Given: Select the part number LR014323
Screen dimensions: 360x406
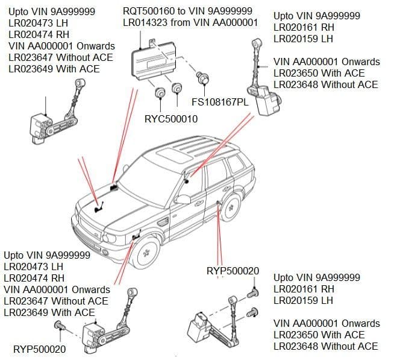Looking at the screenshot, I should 146,23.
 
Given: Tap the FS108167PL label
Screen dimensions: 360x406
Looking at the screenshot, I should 220,103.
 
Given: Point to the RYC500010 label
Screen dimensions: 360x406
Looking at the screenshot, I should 170,119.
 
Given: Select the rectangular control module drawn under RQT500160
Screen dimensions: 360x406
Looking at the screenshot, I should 155,60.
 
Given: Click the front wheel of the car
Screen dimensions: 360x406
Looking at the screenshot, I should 146,253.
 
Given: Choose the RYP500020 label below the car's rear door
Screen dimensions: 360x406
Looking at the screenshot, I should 233,271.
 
